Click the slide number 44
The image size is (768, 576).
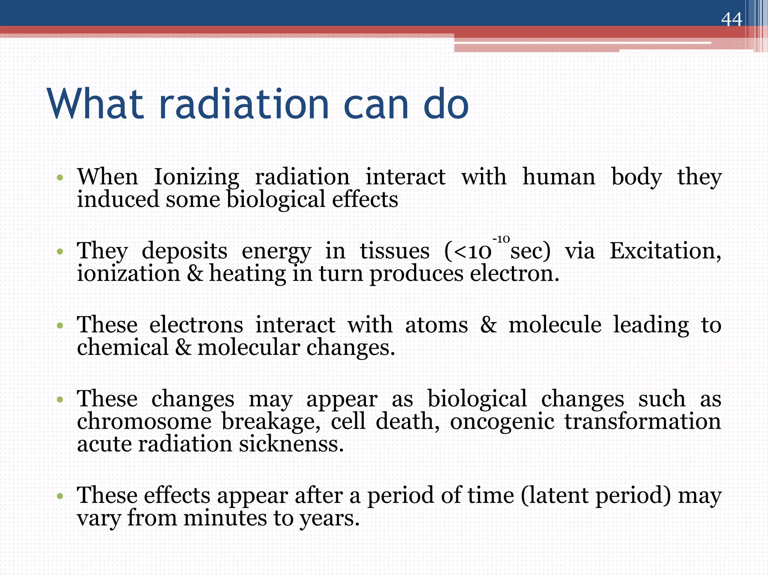(731, 19)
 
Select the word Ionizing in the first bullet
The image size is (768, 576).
(196, 177)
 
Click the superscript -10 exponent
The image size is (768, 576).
(501, 239)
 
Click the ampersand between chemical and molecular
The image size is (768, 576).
(183, 347)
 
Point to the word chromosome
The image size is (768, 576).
(144, 421)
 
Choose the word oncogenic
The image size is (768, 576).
(502, 421)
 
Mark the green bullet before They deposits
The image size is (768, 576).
(60, 251)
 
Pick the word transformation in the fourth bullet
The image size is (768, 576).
(643, 421)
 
